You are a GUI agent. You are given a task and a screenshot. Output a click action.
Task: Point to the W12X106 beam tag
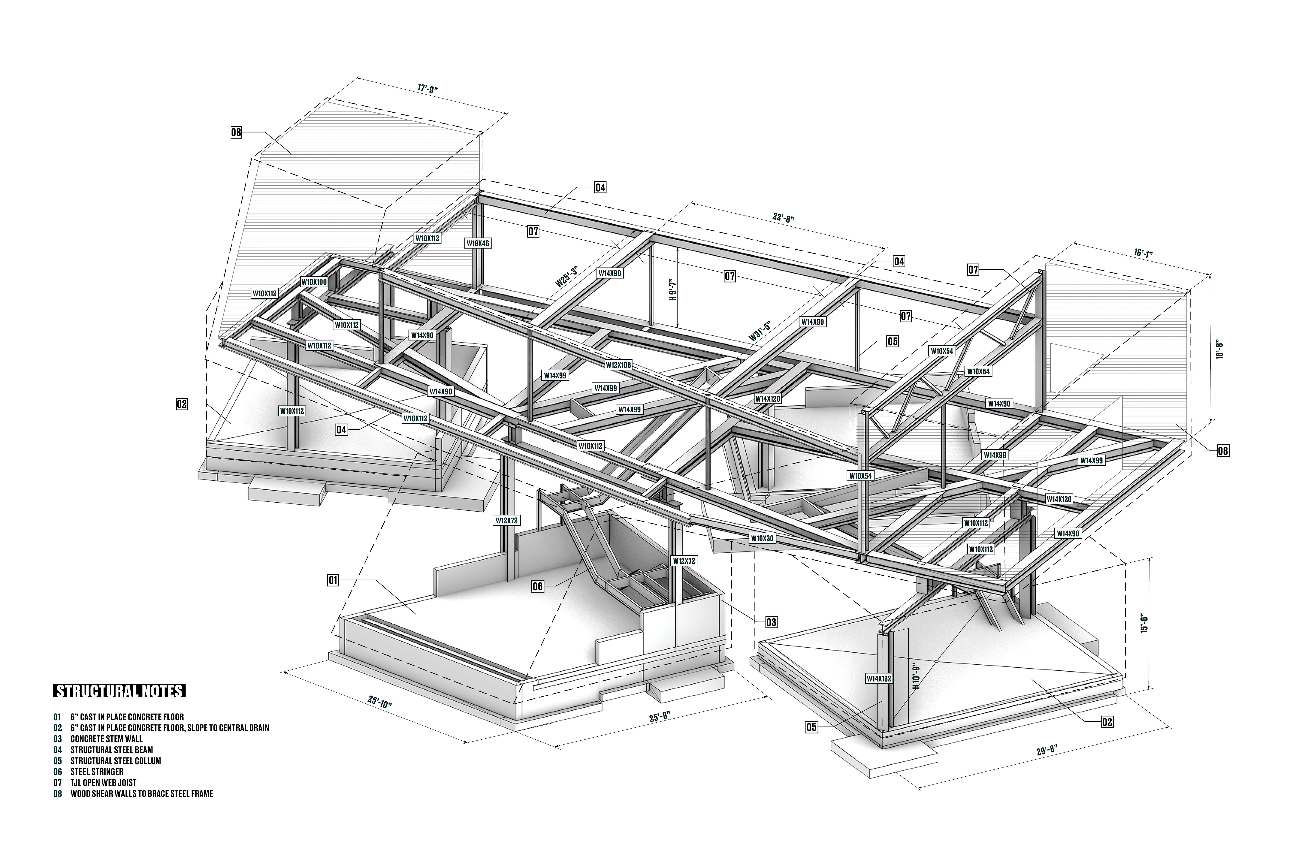click(x=618, y=364)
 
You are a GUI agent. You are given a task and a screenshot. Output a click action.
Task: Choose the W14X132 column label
click(x=879, y=678)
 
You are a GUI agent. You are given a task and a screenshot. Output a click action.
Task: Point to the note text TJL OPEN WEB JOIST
click(x=103, y=782)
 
